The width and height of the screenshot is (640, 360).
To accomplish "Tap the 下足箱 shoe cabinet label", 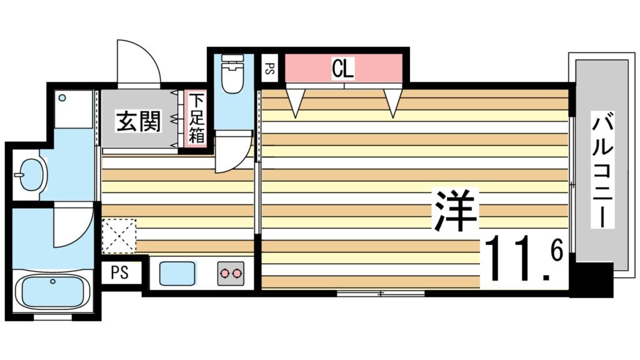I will click(196, 117).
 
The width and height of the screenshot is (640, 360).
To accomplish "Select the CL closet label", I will click(342, 68).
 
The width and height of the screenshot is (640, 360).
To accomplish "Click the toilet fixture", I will click(232, 74).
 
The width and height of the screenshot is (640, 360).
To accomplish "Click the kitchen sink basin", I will click(178, 274).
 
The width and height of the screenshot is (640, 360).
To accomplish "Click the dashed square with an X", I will click(119, 236).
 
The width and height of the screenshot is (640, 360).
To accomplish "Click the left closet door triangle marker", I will click(296, 102).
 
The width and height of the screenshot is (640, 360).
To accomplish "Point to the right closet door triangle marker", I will click(392, 102).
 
